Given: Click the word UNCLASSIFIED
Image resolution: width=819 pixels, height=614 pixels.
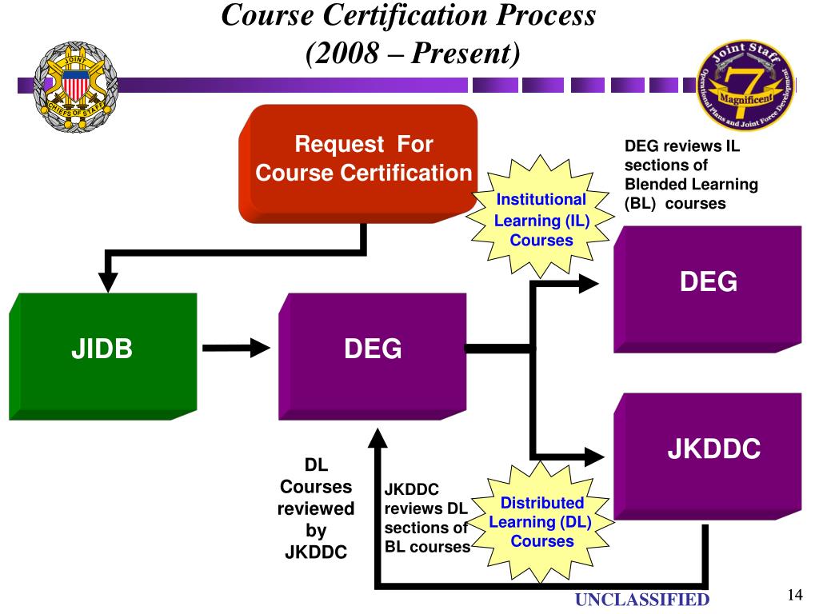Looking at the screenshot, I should click(643, 600).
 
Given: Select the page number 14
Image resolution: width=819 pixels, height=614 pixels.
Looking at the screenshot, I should click(794, 595).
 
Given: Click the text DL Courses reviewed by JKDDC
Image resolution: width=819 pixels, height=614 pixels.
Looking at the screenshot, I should click(316, 508).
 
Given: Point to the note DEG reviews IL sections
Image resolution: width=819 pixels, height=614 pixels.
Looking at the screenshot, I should click(690, 175).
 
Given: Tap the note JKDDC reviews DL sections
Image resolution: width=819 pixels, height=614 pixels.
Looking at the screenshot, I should click(426, 518).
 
